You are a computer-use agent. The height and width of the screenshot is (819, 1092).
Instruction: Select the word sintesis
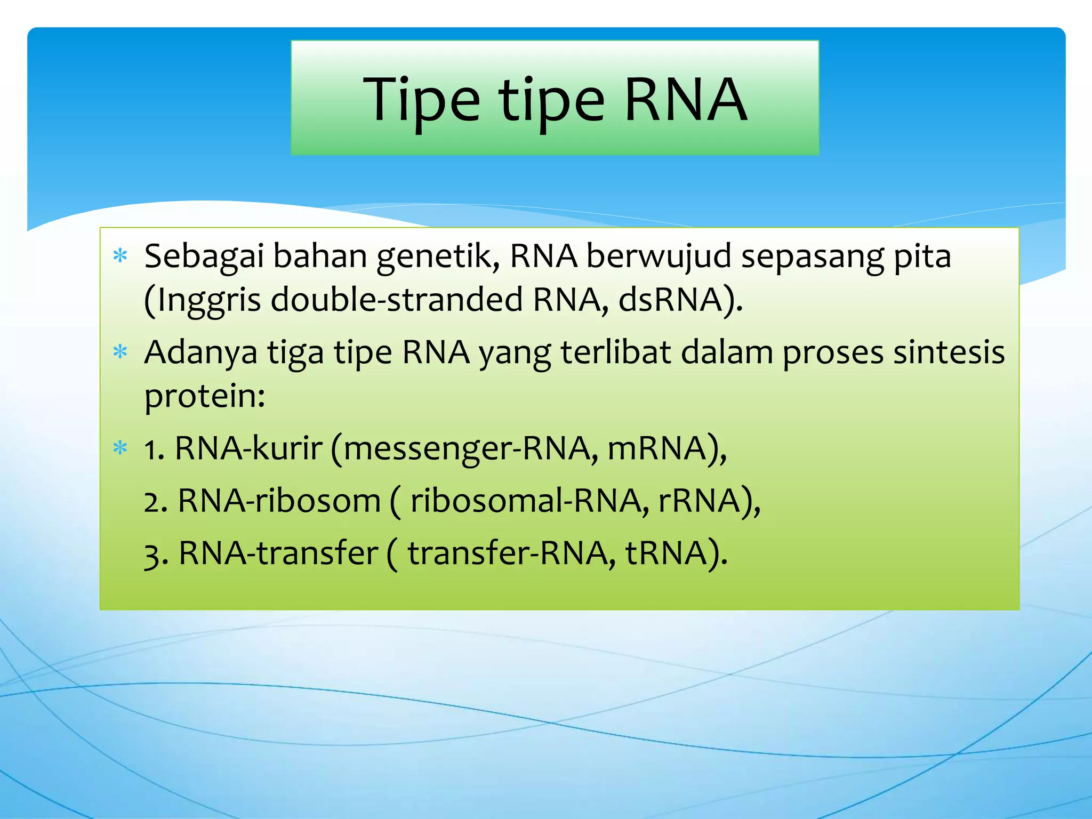949,353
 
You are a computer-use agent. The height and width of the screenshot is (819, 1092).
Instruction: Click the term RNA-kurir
248,448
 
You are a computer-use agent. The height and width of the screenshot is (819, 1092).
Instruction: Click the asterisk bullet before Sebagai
121,256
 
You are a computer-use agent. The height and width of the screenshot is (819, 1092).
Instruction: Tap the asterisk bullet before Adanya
121,352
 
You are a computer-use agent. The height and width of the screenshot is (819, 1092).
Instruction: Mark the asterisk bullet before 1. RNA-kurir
121,448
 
